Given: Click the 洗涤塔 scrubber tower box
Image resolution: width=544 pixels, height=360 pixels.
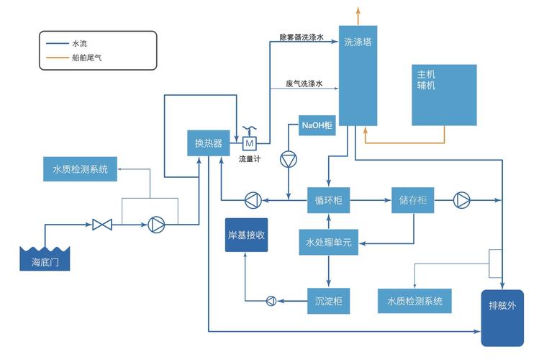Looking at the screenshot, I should (358, 76).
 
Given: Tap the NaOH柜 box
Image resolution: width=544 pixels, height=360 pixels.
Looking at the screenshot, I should (317, 126).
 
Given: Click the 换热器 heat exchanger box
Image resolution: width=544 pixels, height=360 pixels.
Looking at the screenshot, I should (209, 143).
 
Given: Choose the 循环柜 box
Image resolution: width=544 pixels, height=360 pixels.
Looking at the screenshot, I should (329, 200).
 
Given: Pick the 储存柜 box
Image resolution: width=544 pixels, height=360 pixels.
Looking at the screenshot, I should (413, 200).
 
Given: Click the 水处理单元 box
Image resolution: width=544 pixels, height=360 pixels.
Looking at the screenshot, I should (329, 243).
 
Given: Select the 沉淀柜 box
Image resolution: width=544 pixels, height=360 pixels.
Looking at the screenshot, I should (329, 300).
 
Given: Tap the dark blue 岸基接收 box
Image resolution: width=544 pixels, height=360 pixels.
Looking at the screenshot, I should (246, 235).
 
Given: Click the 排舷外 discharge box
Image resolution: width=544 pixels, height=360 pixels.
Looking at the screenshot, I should (502, 318).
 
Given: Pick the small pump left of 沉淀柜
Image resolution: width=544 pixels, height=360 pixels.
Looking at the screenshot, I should (271, 300).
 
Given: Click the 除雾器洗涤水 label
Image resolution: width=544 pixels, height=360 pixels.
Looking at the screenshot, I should (303, 36).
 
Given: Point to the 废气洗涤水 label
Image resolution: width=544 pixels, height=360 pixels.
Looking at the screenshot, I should (304, 84).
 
